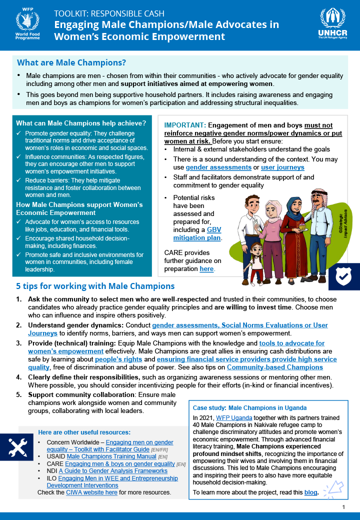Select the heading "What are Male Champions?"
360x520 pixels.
pyautogui.click(x=71, y=63)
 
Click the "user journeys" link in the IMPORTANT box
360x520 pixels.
pyautogui.click(x=282, y=167)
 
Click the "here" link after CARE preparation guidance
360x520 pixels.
pyautogui.click(x=206, y=269)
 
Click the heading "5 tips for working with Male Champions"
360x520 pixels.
pyautogui.click(x=95, y=286)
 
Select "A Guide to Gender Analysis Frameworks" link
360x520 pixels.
pyautogui.click(x=113, y=471)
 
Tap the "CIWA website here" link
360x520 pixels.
pyautogui.click(x=92, y=492)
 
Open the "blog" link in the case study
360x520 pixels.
pyautogui.click(x=310, y=492)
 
